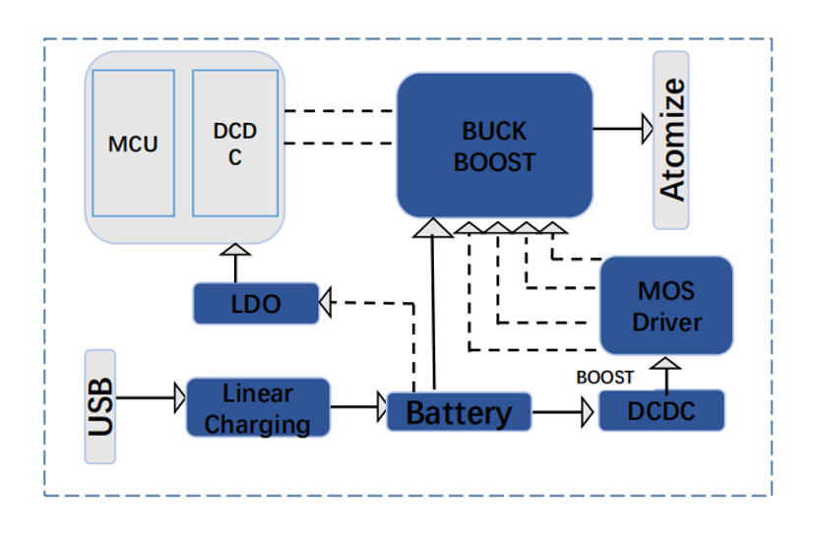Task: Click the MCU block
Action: click(x=133, y=143)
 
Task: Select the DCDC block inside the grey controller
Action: click(x=234, y=143)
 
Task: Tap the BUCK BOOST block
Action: click(x=494, y=146)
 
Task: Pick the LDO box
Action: click(x=256, y=303)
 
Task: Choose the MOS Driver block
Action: click(x=666, y=306)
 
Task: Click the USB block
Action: click(x=99, y=405)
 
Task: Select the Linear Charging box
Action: click(x=258, y=408)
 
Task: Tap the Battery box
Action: click(x=459, y=411)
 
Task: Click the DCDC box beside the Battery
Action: click(x=661, y=410)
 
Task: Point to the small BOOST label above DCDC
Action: click(x=605, y=377)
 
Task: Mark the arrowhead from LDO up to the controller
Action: click(x=235, y=250)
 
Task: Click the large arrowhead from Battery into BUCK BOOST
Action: click(x=430, y=228)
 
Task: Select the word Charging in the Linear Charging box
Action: click(x=258, y=424)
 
